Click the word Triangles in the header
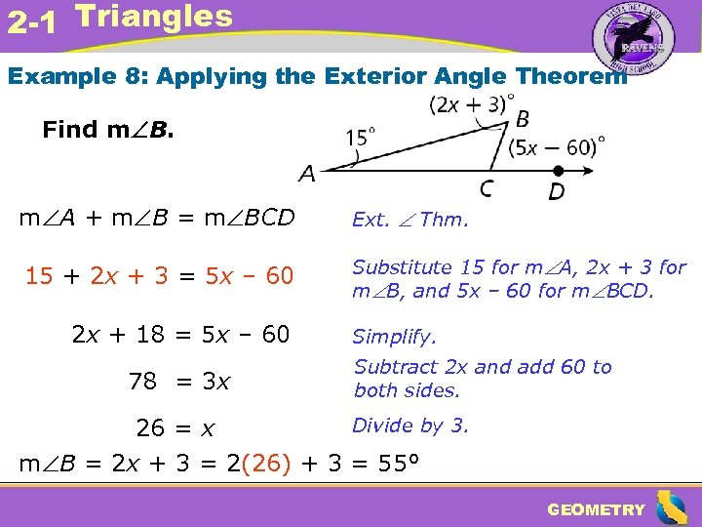(x=154, y=17)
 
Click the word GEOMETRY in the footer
(x=596, y=509)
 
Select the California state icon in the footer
(x=670, y=507)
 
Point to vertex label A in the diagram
(x=307, y=175)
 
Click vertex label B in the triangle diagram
(x=523, y=119)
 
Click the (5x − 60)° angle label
(x=557, y=146)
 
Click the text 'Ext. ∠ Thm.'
(x=409, y=221)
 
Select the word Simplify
(x=394, y=337)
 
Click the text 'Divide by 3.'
(x=409, y=426)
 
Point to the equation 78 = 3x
(x=179, y=382)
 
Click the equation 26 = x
(x=175, y=428)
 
